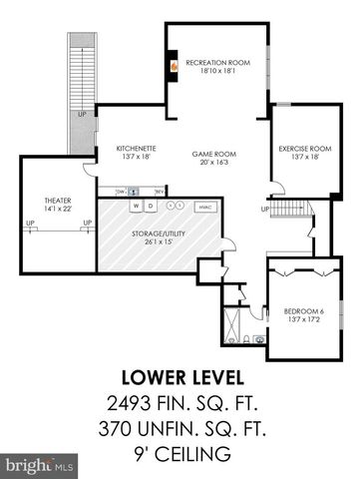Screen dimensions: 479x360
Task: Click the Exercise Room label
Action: click(x=304, y=152)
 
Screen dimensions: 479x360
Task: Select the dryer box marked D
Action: click(x=151, y=206)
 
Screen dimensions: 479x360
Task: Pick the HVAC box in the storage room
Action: click(x=204, y=207)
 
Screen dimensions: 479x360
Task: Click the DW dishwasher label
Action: click(x=119, y=190)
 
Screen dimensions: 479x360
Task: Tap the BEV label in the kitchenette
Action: click(x=159, y=190)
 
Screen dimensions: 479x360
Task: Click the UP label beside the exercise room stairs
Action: click(x=264, y=209)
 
